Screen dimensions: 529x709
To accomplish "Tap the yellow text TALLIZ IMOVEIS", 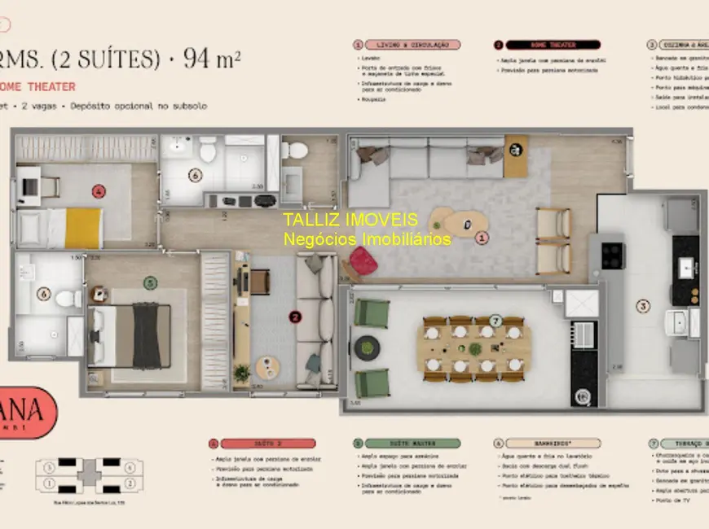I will [350, 220].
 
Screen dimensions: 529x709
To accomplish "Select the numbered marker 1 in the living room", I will [482, 238].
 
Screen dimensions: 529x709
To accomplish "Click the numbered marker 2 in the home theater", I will [296, 317].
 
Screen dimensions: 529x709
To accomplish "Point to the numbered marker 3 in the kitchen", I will [643, 306].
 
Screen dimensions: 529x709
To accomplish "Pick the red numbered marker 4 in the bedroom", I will [99, 192].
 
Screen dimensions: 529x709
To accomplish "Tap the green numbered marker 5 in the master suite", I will [150, 283].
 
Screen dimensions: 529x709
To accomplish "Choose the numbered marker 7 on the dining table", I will [496, 321].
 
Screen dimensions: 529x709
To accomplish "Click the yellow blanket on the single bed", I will [84, 228].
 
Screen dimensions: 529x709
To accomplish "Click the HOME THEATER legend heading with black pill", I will [552, 45].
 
